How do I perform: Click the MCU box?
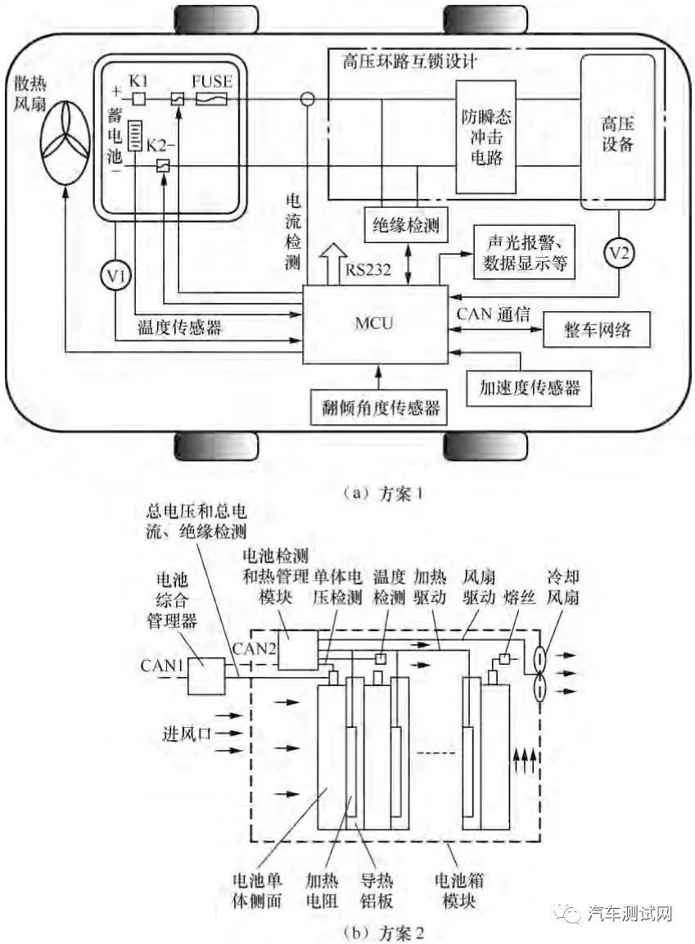(x=375, y=324)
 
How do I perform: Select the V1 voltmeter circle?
(x=116, y=275)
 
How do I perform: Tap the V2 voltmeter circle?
(x=619, y=253)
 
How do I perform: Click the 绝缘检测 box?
(x=406, y=226)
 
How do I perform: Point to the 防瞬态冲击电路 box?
(x=485, y=138)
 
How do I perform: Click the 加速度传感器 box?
(x=529, y=388)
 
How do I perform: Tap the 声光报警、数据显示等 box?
(x=524, y=252)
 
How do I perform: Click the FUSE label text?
(x=212, y=81)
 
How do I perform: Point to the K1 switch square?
(x=139, y=98)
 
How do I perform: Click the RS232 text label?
(x=367, y=269)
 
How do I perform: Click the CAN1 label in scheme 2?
(x=160, y=666)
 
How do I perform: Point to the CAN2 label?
(x=255, y=648)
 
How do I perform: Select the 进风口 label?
(x=187, y=734)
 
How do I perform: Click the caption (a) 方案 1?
(x=383, y=494)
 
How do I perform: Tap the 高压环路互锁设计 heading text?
(x=410, y=61)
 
